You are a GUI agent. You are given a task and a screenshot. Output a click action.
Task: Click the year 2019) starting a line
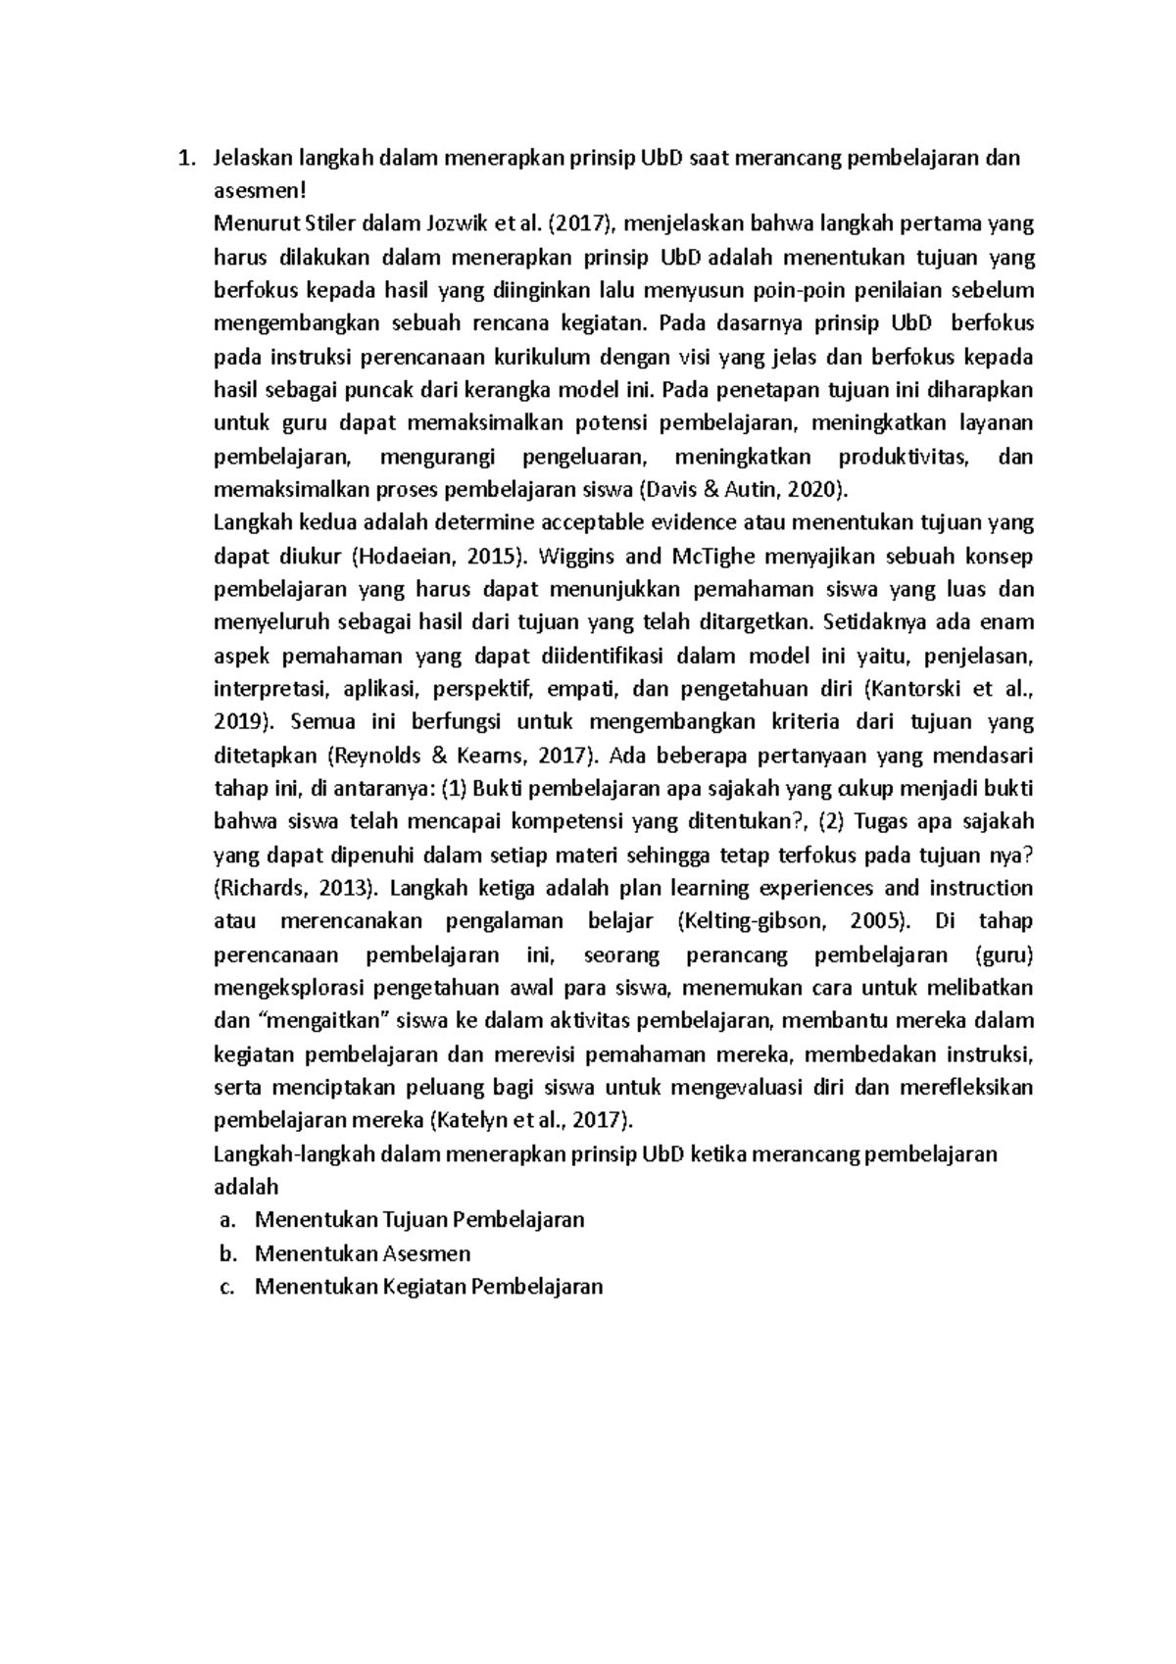[x=243, y=722]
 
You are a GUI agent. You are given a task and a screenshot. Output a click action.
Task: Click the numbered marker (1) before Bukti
[x=454, y=789]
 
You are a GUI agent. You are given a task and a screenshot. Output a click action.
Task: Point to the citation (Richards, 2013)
[x=296, y=888]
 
